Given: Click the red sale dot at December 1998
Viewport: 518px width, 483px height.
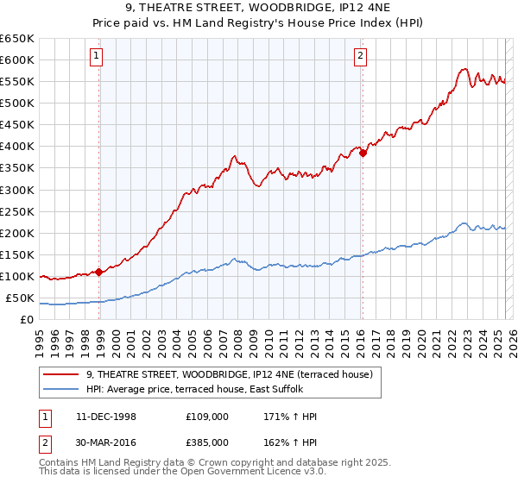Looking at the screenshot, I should [x=99, y=272].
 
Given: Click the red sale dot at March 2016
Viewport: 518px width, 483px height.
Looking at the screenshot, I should [x=363, y=153].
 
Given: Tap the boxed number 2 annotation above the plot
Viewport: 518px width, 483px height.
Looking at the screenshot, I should [x=359, y=58].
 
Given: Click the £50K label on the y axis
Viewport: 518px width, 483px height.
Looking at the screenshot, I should [x=21, y=298].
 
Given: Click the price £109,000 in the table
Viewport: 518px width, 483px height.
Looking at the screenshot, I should [x=206, y=417].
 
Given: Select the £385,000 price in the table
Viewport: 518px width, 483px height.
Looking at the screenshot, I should [x=206, y=442].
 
